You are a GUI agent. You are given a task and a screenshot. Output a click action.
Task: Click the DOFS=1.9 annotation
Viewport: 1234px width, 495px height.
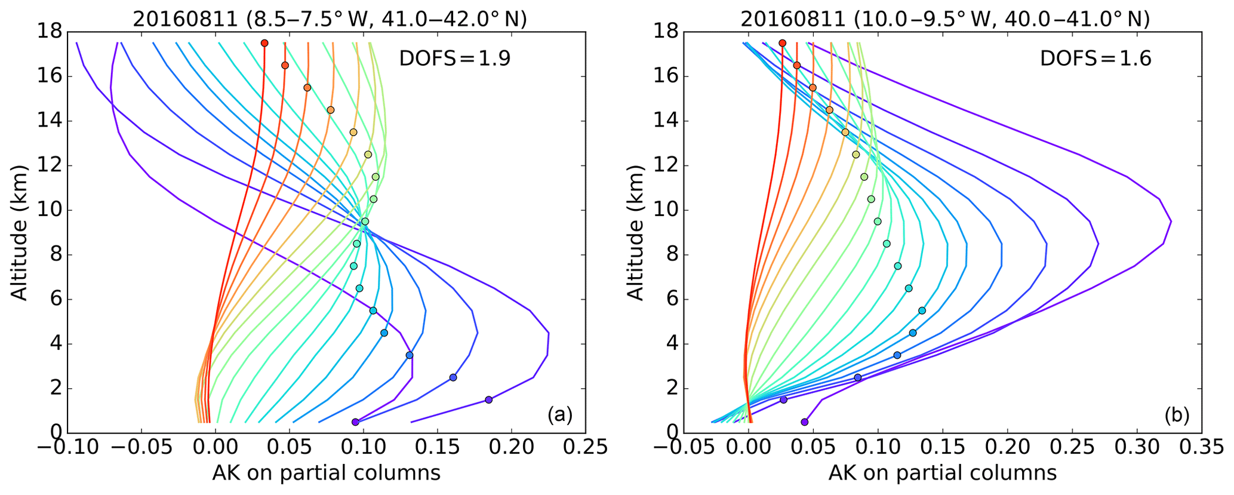click(x=455, y=59)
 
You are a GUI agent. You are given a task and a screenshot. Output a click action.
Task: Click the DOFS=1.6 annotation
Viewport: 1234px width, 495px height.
click(x=1095, y=59)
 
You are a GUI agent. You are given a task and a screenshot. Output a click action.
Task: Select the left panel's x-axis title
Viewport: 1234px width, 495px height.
click(x=326, y=474)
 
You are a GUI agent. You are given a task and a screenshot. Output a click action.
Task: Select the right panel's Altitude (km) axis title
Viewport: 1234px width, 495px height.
click(x=635, y=232)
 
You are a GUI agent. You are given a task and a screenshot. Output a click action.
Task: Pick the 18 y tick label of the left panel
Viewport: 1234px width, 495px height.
click(x=50, y=32)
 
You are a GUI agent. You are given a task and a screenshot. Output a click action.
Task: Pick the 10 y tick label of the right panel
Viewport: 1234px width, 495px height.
click(x=666, y=210)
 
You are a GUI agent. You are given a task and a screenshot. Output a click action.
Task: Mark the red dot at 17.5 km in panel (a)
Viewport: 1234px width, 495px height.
click(x=264, y=43)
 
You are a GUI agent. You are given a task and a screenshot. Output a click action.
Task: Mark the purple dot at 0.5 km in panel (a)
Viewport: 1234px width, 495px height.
click(x=356, y=422)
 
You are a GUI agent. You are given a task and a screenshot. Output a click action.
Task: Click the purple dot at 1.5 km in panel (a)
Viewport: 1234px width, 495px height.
click(x=488, y=399)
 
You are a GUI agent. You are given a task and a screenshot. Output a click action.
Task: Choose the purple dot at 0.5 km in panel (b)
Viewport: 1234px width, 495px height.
click(x=804, y=422)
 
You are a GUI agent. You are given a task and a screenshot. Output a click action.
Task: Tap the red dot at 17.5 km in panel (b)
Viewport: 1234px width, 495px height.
click(x=783, y=43)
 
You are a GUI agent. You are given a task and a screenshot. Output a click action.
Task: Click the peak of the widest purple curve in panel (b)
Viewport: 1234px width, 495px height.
click(x=1171, y=222)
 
